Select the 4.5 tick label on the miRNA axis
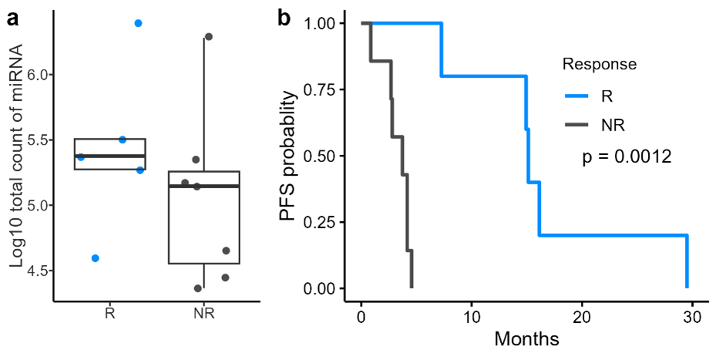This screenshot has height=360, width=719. tap(36, 271)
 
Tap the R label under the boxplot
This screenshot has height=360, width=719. tap(110, 315)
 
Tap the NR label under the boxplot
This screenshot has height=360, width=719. tap(204, 315)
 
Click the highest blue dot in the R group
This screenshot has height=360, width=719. tap(138, 23)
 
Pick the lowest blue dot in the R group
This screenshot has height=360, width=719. tap(95, 258)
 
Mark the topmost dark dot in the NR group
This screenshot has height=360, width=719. tap(208, 36)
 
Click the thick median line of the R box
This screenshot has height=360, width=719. tap(110, 156)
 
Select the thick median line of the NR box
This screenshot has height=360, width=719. tap(204, 186)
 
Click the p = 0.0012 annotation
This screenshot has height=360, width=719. tap(627, 156)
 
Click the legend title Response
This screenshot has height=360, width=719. tap(599, 64)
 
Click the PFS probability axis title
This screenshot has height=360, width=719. tap(288, 156)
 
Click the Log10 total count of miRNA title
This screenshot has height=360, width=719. tap(17, 156)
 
